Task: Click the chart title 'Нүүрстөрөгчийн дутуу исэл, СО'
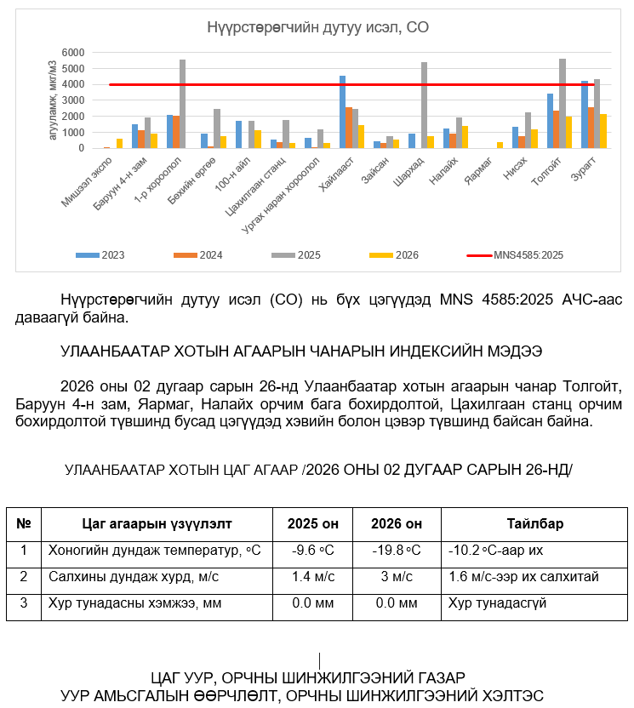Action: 317,28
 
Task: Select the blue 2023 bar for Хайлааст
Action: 342,111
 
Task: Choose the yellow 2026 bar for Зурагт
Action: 603,131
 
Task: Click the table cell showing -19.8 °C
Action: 396,551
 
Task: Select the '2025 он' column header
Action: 312,523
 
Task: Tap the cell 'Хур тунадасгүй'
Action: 498,603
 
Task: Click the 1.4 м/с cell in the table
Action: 312,577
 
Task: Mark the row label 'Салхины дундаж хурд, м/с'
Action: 133,577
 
